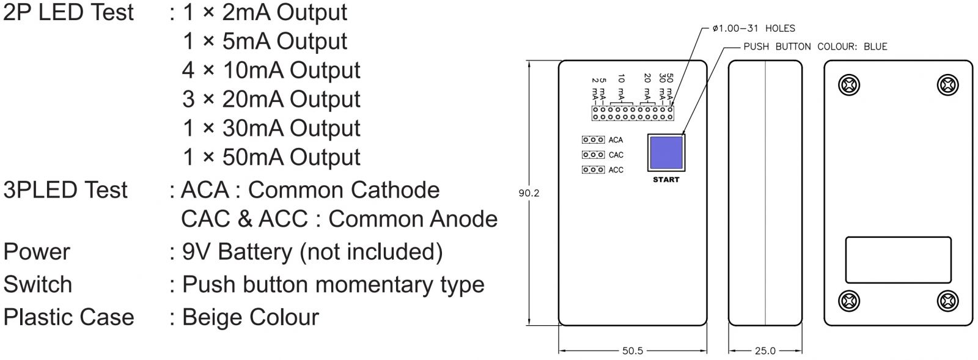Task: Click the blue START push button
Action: coord(666,153)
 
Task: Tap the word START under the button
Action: coord(666,180)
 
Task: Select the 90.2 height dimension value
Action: coord(529,193)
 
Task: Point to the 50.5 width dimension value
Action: coord(633,351)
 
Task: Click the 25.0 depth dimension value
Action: coord(765,351)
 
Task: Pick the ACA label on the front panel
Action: coord(616,140)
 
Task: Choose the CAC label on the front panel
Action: coord(616,155)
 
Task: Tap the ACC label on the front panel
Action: coord(616,169)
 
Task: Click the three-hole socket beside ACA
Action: coord(593,140)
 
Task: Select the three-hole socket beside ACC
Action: coord(593,169)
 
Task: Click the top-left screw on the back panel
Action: coord(849,84)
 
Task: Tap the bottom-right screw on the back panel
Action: coord(947,301)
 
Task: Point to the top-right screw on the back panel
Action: coord(947,84)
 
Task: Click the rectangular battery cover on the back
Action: coord(898,260)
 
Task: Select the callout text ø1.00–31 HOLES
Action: coord(754,28)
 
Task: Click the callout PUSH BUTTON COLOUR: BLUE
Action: coord(815,46)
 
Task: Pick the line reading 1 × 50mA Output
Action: coord(271,157)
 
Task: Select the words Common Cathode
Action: coord(344,190)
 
